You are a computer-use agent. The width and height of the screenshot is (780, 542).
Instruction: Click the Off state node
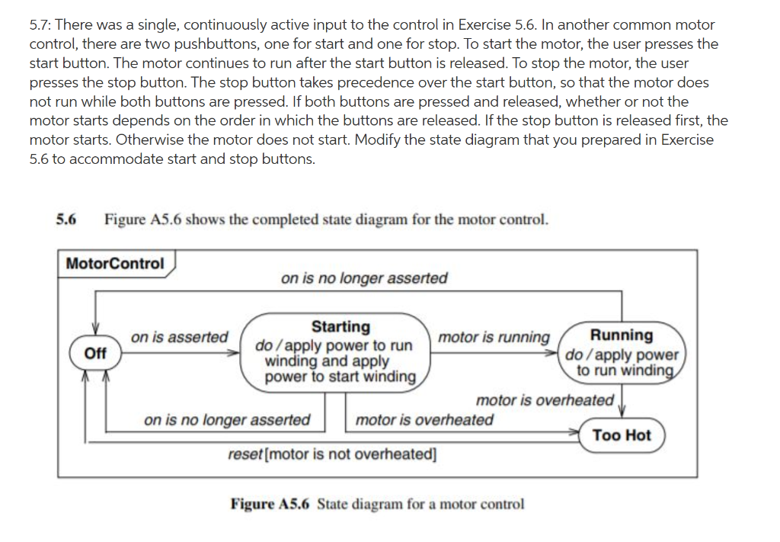tap(95, 354)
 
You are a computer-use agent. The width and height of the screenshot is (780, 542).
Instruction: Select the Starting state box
tap(340, 352)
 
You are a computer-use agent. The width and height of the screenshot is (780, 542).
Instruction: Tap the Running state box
tap(622, 353)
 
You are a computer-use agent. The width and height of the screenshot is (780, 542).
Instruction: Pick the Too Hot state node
tap(622, 435)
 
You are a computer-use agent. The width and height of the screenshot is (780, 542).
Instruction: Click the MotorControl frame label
tap(115, 264)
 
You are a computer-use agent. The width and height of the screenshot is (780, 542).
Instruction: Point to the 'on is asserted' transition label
tap(179, 337)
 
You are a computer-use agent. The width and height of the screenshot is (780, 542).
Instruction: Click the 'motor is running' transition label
tap(494, 337)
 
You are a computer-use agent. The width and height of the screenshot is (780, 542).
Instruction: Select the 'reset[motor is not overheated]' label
tap(333, 454)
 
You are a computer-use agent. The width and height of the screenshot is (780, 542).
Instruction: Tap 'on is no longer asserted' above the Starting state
tap(364, 278)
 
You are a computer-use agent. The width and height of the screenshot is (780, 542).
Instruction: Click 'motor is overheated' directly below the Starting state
tap(424, 420)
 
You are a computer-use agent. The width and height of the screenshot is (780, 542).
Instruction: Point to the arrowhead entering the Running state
tap(555, 354)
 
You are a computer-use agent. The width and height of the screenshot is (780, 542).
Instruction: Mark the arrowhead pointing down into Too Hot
tap(622, 415)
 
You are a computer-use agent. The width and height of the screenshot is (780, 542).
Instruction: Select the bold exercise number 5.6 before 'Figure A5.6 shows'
tap(66, 220)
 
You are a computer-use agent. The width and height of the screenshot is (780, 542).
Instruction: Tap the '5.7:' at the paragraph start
tap(41, 25)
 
